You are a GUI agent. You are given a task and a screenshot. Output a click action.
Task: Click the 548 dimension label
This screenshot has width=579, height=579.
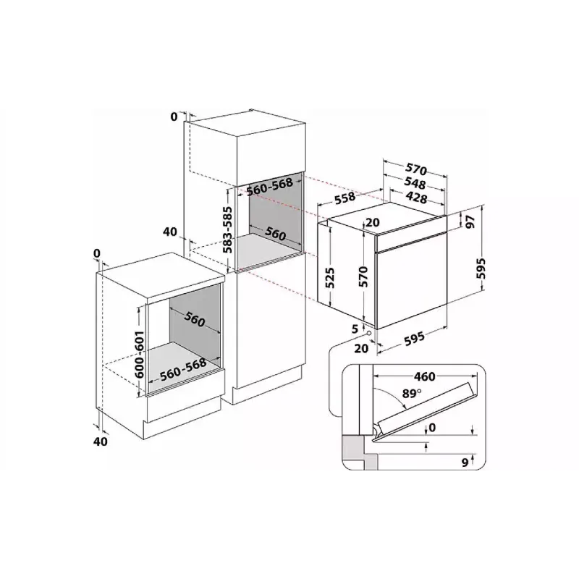point(415,183)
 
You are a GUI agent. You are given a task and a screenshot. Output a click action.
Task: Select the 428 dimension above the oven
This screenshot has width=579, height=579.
point(416,198)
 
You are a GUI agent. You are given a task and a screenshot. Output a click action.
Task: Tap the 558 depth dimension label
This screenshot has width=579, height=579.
point(345,198)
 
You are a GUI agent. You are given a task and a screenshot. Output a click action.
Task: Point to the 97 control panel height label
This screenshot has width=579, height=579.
point(470,222)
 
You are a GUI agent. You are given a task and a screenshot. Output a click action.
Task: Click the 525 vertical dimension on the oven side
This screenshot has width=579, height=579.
point(329,277)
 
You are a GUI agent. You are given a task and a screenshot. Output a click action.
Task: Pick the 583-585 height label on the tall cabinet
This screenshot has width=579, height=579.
point(229,229)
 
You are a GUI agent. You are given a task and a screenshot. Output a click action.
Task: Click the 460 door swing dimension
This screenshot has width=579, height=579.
point(425,376)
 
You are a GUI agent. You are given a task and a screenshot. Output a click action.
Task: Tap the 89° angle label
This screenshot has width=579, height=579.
point(412,394)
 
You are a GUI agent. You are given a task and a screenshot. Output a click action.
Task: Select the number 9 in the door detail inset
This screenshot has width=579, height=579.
point(465,462)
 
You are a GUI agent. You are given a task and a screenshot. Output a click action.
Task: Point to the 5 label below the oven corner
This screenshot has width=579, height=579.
point(355,329)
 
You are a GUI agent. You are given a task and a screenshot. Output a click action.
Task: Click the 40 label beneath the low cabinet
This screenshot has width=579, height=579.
point(101,441)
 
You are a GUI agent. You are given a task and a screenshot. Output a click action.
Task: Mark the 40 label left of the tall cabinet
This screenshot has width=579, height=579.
point(170,232)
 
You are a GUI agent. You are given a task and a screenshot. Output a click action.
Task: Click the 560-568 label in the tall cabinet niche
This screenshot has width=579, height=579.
point(269,187)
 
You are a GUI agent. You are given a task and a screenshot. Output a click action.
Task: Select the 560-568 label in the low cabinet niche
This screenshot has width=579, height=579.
point(183,369)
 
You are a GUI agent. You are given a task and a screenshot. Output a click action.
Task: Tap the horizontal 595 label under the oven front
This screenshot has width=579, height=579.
point(414,338)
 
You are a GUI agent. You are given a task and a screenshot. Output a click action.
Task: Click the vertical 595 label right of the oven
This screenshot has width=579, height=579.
point(481,269)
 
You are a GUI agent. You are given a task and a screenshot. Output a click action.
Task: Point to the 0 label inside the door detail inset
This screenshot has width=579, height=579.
point(432,427)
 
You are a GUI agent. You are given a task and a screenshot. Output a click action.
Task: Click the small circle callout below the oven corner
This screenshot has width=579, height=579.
point(368,333)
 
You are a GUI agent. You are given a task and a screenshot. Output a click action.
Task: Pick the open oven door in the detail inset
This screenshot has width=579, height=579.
point(425,410)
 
